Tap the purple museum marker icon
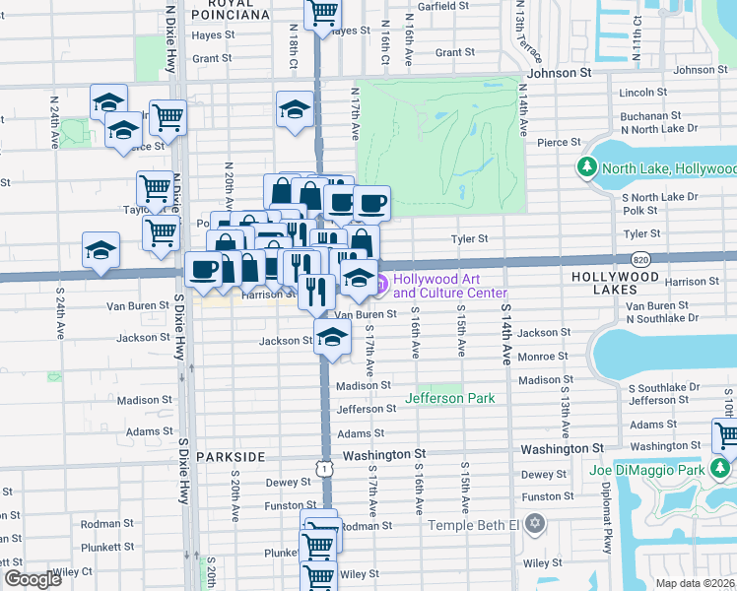pyautogui.click(x=378, y=287)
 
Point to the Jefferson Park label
pyautogui.click(x=449, y=398)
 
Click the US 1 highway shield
pyautogui.click(x=323, y=469)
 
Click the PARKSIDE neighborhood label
pyautogui.click(x=231, y=457)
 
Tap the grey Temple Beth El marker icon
pyautogui.click(x=535, y=522)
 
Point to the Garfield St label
pyautogui.click(x=435, y=6)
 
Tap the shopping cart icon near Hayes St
pyautogui.click(x=322, y=13)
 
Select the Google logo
pyautogui.click(x=33, y=579)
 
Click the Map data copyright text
pyautogui.click(x=695, y=583)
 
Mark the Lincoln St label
pyautogui.click(x=644, y=93)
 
